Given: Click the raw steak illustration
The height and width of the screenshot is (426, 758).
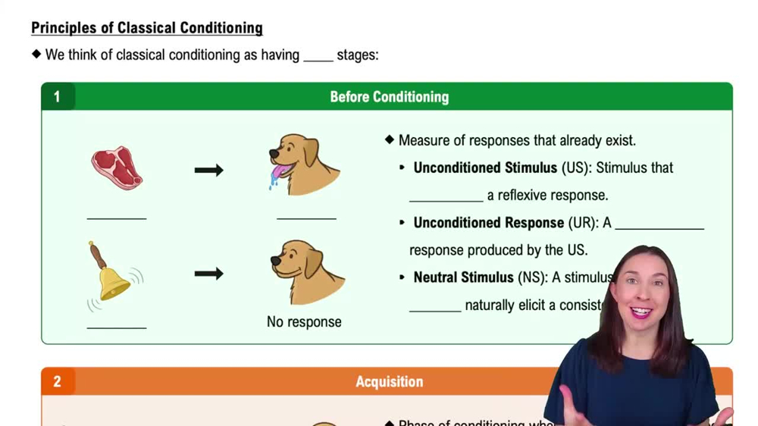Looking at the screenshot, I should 117,168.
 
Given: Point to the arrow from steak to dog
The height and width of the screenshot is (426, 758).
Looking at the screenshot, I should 208,170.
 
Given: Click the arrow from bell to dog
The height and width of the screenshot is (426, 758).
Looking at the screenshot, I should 208,274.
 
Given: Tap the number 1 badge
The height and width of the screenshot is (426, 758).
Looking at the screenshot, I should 57,97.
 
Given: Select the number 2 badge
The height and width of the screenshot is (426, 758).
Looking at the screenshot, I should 57,381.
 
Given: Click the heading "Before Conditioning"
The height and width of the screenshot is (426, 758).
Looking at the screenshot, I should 389,97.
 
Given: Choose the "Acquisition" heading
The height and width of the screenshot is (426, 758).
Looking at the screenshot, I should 389,381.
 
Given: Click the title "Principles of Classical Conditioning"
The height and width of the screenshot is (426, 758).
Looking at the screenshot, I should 147,28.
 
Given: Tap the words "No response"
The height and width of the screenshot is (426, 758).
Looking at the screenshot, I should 304,322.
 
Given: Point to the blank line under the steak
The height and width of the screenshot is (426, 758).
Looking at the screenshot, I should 117,218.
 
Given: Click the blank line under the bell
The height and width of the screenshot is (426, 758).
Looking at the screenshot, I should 117,327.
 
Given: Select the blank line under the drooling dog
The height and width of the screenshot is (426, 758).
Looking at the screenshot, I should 306,218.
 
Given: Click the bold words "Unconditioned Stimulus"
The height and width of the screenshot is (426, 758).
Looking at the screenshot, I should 485,168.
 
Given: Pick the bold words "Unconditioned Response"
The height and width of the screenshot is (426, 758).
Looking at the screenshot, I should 488,223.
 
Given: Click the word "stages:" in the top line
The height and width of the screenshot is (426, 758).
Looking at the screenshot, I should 358,55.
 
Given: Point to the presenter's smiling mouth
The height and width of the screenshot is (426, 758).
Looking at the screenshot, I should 641,312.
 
